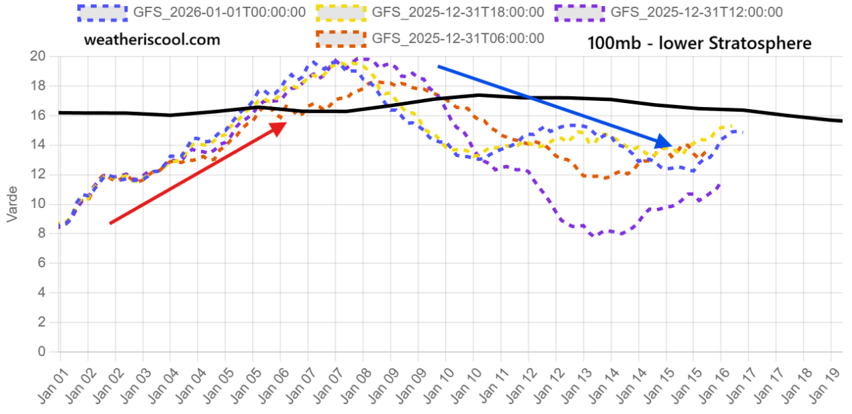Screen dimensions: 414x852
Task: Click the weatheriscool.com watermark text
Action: pos(152,40)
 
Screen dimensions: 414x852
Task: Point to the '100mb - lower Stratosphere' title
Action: pos(699,43)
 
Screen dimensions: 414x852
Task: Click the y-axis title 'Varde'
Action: pos(12,204)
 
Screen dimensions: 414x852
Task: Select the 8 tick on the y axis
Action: pos(42,233)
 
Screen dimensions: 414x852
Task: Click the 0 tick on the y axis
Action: pos(42,352)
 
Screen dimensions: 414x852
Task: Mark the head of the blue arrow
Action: pos(671,145)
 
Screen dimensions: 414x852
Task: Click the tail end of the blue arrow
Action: pos(439,67)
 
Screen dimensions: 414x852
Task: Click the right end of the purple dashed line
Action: pos(721,183)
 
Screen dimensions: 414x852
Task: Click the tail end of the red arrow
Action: pos(111,223)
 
